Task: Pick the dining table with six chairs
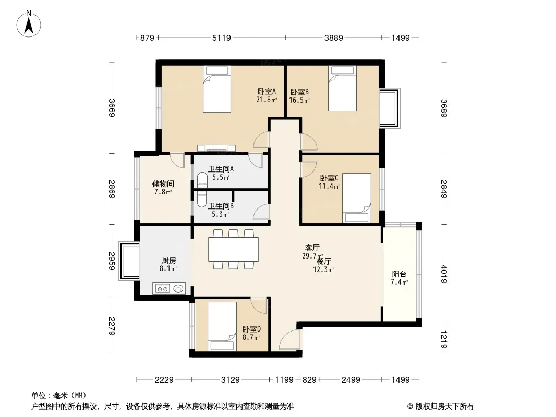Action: tap(234, 249)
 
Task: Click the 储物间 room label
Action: tap(163, 184)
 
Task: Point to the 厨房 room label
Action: tap(168, 261)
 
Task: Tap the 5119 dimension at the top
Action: tap(222, 38)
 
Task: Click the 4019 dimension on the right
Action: tap(443, 274)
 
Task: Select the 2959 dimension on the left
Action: tap(112, 261)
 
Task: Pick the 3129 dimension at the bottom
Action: tap(229, 380)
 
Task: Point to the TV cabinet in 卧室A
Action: tap(216, 148)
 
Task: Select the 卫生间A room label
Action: tap(221, 169)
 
